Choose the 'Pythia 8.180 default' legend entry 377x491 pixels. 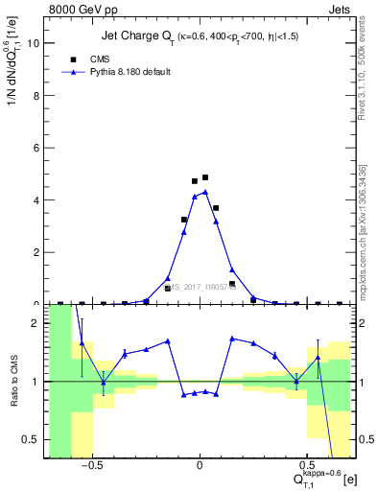[x=130, y=72]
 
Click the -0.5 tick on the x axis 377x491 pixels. [x=91, y=466]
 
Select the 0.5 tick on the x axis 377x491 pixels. [x=307, y=466]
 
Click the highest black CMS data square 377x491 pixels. [x=205, y=177]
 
